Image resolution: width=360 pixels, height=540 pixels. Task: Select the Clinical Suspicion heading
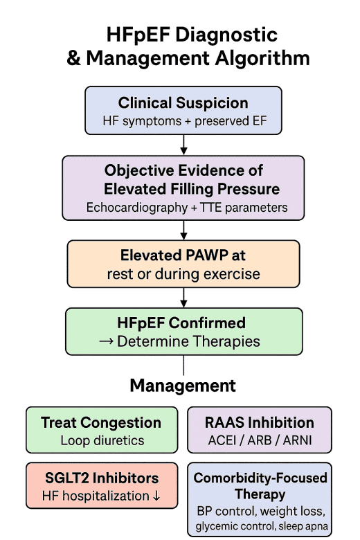click(x=183, y=103)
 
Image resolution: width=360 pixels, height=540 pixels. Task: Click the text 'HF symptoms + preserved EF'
click(x=183, y=123)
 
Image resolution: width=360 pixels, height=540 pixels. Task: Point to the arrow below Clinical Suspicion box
click(x=183, y=144)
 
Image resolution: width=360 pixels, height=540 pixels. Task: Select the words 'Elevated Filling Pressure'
click(x=192, y=188)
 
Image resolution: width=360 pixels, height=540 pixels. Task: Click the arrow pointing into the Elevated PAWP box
click(x=183, y=230)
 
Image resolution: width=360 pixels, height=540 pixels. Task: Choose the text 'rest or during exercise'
click(x=183, y=273)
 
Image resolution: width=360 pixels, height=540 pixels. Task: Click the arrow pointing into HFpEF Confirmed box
click(x=183, y=297)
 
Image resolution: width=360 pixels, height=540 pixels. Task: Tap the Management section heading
click(x=183, y=386)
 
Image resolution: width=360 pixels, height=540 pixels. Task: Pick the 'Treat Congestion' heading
click(x=100, y=422)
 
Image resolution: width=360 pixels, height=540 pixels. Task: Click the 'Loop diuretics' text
click(x=102, y=440)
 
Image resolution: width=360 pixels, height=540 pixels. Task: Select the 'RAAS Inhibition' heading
click(x=259, y=422)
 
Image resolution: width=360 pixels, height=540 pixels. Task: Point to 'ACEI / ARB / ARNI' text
click(x=259, y=440)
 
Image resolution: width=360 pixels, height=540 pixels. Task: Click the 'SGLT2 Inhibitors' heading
click(x=100, y=478)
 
